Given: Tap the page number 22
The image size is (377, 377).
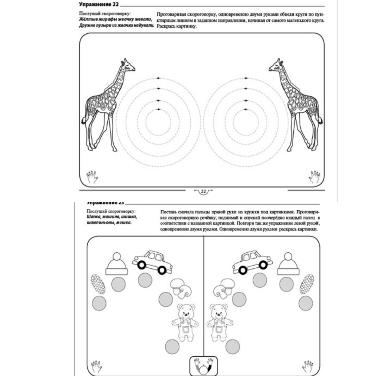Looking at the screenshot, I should coord(203,192).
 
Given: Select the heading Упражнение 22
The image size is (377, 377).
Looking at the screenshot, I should coord(99,4).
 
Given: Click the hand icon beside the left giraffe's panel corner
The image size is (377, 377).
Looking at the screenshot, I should coord(92,177).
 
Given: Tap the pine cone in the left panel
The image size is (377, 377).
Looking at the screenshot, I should coord(98,284).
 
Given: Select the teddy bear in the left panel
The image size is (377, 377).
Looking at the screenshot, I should coord(185,322).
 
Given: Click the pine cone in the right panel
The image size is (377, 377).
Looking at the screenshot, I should coord(307,284).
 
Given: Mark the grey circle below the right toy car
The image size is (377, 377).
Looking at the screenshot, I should coord(260,280).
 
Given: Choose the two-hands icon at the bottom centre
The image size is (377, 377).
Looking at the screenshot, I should coord(203,366).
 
